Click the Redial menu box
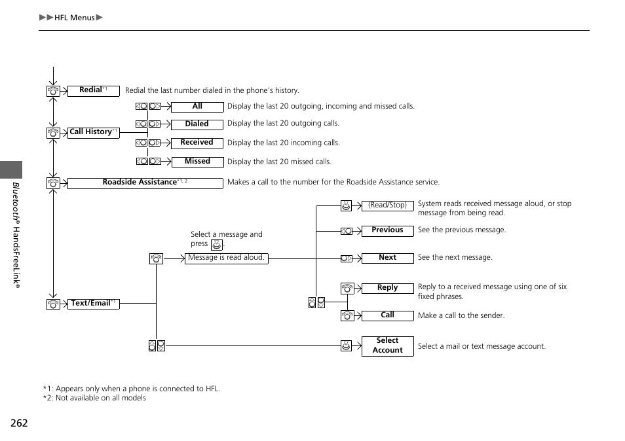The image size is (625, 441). point(93,91)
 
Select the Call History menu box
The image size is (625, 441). point(93,132)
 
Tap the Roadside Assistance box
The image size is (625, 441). point(145,183)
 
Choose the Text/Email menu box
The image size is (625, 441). point(93,304)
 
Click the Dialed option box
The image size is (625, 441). point(197,124)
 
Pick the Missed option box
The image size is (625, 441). point(197,162)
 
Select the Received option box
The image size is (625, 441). point(197,143)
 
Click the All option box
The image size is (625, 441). point(197,107)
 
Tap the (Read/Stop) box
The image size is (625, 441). point(387,205)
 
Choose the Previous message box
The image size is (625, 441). point(387,230)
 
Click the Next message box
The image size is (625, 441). point(387,258)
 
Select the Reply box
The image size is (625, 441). point(387,288)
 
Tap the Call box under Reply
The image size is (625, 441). point(387,315)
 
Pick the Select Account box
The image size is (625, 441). point(387,345)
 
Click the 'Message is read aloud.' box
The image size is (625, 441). point(226,258)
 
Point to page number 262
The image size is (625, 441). point(20,423)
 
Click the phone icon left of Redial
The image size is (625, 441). point(53,92)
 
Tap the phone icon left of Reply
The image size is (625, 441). point(347,289)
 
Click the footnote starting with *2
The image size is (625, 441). point(94,398)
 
